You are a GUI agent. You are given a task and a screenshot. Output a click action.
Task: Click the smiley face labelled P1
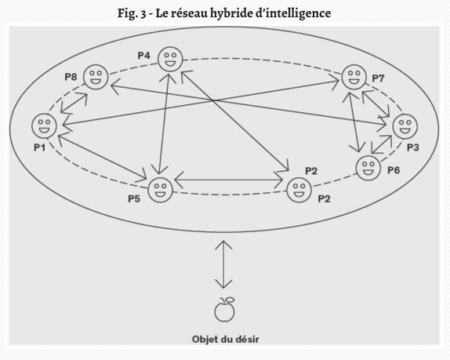coord(44,125)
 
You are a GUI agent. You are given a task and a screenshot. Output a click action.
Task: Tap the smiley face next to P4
coord(170,59)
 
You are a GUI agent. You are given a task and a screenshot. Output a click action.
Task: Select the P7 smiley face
coord(354,77)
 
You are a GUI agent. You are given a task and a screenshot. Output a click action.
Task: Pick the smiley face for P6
coord(368,168)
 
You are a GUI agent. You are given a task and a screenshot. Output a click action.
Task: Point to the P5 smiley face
coord(161,190)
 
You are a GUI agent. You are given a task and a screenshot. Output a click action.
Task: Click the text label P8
coord(71,77)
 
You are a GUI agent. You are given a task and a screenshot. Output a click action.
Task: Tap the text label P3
coord(413,147)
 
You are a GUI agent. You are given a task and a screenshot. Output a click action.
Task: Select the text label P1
coord(40,147)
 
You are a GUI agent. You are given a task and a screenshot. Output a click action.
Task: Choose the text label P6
coord(394,170)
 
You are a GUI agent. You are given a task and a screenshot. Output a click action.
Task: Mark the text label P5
coord(134,198)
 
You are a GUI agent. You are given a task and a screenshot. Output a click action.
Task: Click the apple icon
coord(224,310)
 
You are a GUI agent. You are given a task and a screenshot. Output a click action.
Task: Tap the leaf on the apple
coord(230,300)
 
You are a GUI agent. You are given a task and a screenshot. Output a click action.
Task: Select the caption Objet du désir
coord(225,340)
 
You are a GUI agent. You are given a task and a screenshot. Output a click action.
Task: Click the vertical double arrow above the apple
coord(223,264)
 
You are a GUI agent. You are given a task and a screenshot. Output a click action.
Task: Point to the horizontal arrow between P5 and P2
coord(229,180)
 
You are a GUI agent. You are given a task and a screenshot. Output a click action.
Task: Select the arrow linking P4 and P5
coord(164,122)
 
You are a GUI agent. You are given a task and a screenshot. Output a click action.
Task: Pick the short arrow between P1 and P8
coord(74,103)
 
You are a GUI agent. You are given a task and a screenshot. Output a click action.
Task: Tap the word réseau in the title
coord(189,13)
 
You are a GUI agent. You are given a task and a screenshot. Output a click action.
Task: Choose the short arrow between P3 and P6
coord(382,144)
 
